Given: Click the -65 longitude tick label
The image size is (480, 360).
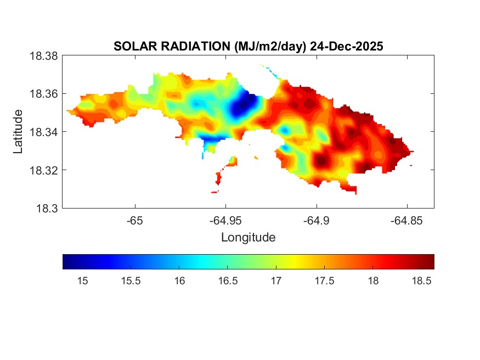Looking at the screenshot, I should click(x=134, y=221).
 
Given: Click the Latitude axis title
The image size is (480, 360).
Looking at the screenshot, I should click(x=18, y=132).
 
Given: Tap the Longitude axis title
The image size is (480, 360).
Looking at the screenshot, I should click(x=248, y=238).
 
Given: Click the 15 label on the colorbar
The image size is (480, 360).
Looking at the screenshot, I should click(x=83, y=281).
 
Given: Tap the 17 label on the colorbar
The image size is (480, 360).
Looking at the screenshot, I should click(x=276, y=281).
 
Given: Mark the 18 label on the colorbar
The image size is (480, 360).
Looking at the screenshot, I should click(x=372, y=281).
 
